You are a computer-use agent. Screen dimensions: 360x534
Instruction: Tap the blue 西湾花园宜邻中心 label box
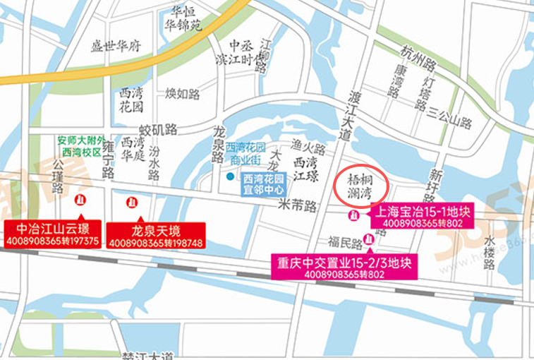(x=264, y=184)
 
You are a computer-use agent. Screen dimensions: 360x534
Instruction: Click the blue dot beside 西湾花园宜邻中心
(x=230, y=176)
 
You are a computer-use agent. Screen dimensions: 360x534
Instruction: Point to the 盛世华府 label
(x=116, y=47)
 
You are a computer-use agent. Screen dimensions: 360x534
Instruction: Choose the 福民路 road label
(x=346, y=244)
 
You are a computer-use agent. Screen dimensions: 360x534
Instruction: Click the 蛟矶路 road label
(x=157, y=129)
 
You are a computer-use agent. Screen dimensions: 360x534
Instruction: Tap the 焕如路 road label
(x=183, y=92)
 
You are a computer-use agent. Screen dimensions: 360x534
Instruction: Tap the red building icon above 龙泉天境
(x=131, y=203)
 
